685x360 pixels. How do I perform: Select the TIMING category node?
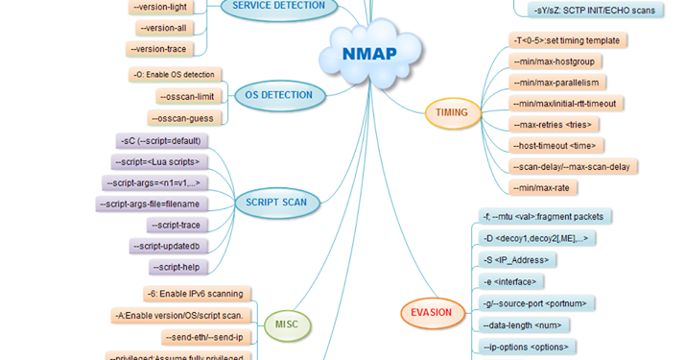[451, 112]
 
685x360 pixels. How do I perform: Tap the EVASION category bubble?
[431, 312]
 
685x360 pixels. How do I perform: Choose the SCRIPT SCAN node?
[276, 203]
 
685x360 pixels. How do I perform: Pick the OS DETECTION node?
[278, 95]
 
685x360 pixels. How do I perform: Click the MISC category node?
[287, 324]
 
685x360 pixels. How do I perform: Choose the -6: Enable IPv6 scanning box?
[196, 294]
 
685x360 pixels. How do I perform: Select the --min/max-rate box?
[542, 188]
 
